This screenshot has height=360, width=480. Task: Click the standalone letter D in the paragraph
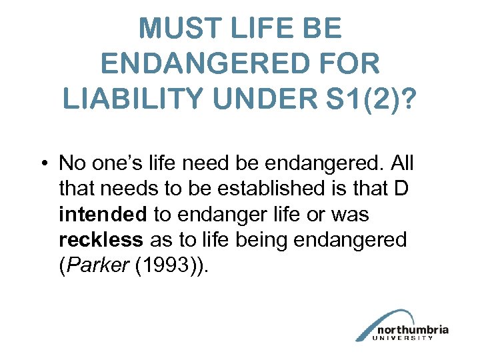coord(401,189)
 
